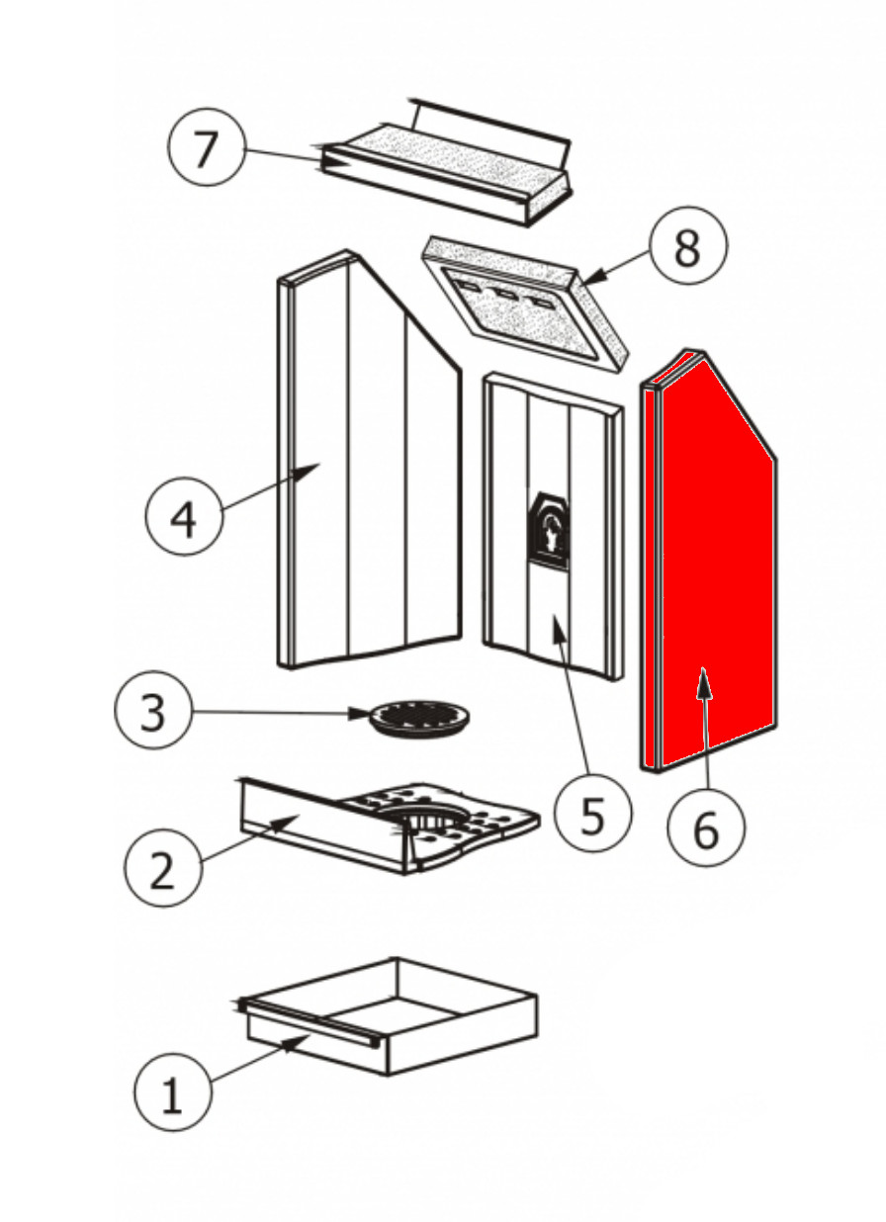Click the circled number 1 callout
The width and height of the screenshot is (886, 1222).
coord(172,1094)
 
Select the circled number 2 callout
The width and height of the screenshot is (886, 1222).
coord(163,867)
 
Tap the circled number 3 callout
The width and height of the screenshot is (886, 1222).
coord(152,712)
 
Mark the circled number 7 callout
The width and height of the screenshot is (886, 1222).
coord(206,150)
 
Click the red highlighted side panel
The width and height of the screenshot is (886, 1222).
coord(717,573)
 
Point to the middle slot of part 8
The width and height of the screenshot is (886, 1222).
coord(506,294)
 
